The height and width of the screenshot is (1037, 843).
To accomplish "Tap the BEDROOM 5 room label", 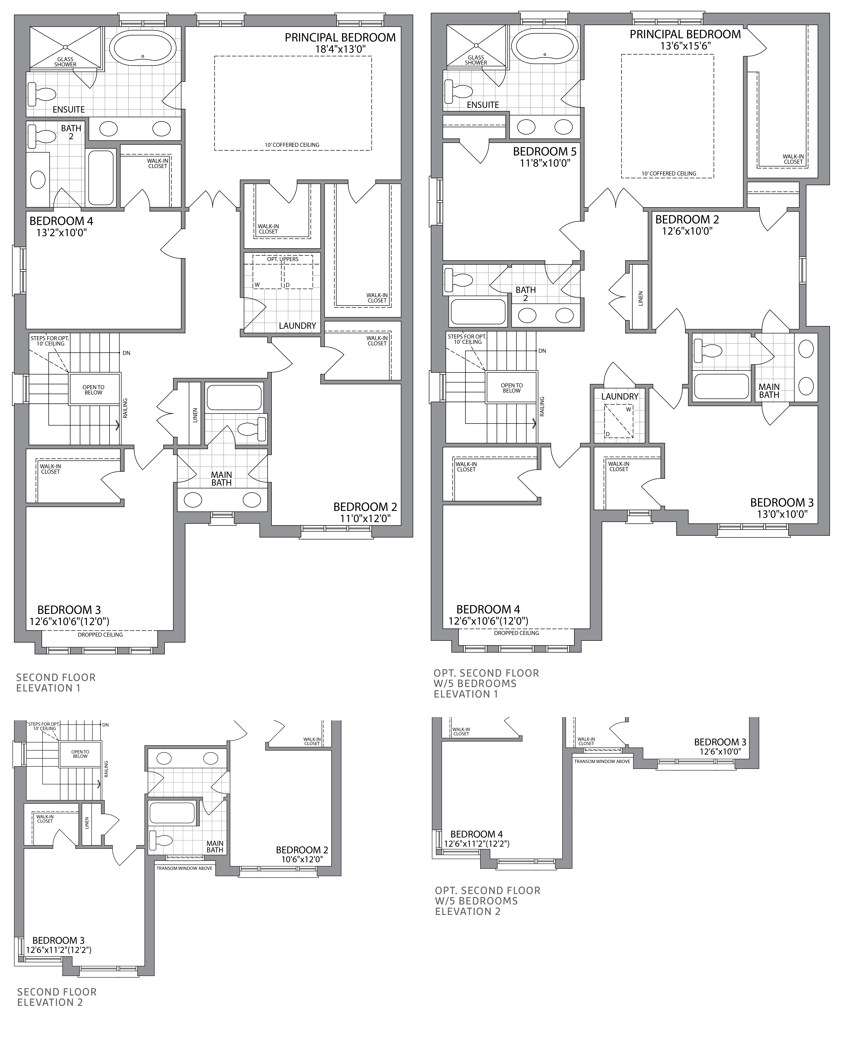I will [x=544, y=152].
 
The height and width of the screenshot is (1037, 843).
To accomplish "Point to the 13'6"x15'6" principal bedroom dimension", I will [x=685, y=46].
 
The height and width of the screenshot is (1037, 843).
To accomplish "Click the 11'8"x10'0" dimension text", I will [x=544, y=163].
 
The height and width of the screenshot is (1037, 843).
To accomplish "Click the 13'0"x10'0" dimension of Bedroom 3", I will [x=782, y=514].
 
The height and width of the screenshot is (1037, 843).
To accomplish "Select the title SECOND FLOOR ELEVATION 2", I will [x=57, y=997].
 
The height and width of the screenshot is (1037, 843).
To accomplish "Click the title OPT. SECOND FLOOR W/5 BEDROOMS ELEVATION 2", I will [x=487, y=901].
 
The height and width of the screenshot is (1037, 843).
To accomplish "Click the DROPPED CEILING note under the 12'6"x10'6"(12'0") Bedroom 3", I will [x=100, y=634].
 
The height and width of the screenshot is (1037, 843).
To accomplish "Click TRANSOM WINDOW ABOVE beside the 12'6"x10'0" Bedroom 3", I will [x=602, y=761].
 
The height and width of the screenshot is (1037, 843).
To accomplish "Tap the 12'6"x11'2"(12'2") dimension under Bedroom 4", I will [x=476, y=844].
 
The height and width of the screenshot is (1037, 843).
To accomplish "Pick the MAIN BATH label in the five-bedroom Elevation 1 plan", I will [x=769, y=391].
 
